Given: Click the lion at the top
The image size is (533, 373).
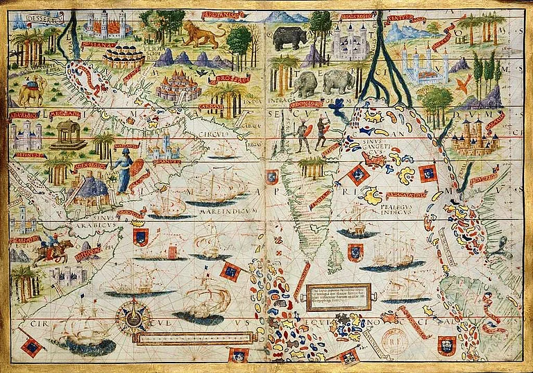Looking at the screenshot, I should tap(202, 35).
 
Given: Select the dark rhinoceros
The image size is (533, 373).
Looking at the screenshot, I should tap(289, 38).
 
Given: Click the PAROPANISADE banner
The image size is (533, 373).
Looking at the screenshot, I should tap(219, 14).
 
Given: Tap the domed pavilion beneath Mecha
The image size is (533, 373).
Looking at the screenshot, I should tap(69, 135).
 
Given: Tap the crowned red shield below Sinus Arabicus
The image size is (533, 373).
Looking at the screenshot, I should tap(142, 238).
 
